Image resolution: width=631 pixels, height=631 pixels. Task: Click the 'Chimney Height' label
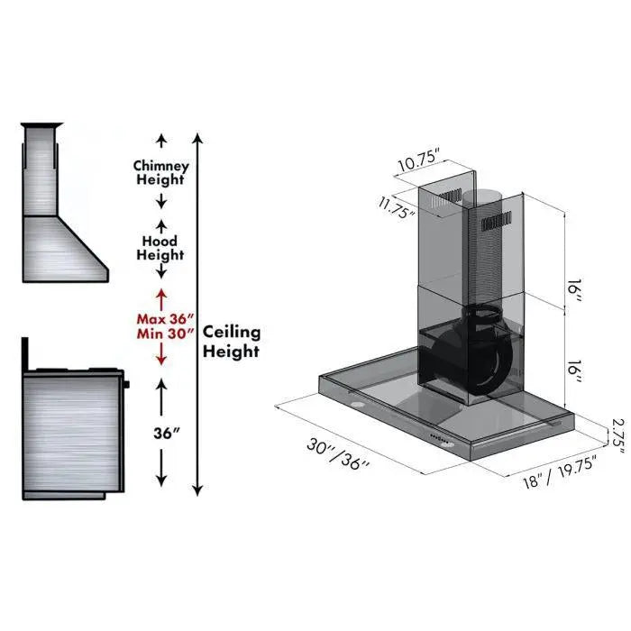click(x=160, y=172)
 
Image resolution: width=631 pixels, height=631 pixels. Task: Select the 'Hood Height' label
click(x=160, y=248)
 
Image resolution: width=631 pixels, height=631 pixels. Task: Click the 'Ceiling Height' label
click(x=231, y=341)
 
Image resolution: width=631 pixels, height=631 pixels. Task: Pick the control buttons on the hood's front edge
click(x=441, y=439)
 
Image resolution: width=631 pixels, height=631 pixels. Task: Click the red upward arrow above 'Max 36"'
click(x=161, y=295)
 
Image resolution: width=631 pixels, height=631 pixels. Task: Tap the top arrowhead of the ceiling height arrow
click(x=197, y=137)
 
